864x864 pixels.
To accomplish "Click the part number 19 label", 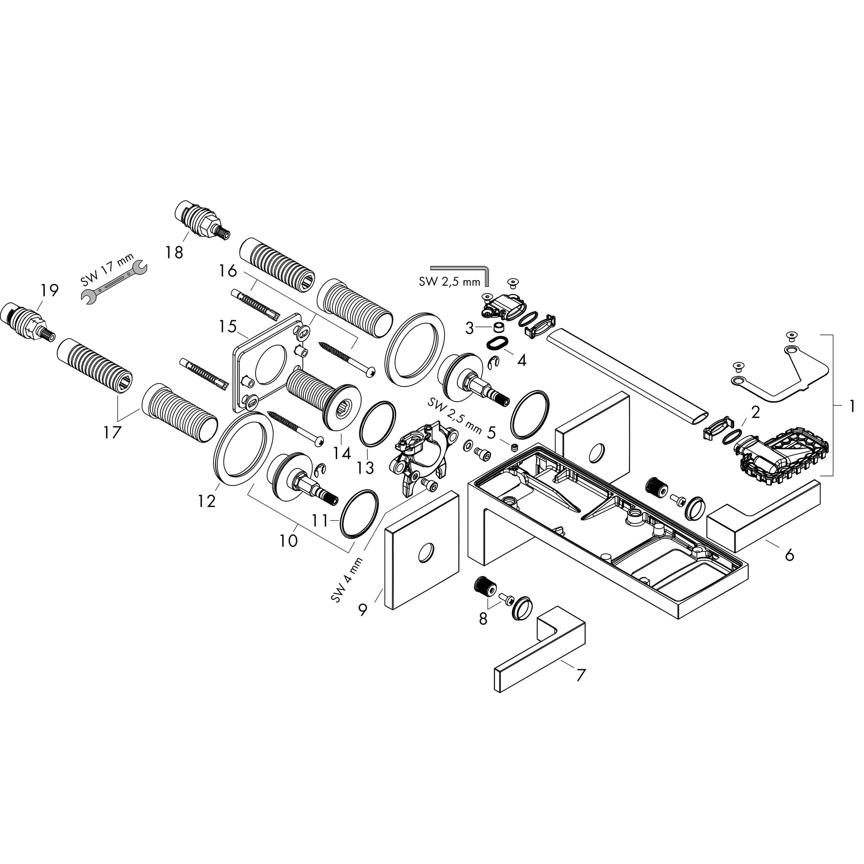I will coord(49,291).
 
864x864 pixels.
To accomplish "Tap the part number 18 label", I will coord(174,253).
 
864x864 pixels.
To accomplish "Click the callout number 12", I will coord(207,501).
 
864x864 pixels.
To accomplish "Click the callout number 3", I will coord(469,329).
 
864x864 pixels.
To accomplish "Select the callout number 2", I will coord(755,412).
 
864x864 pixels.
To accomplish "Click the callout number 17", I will coord(112,432).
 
